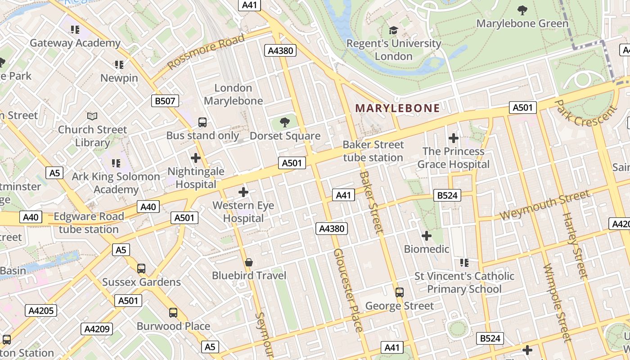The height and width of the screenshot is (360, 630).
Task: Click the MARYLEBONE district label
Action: click(397, 108)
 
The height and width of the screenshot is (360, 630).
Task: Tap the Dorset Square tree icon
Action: click(284, 122)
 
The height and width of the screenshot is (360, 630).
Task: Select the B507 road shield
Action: click(165, 101)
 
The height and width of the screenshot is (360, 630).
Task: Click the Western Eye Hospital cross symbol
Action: click(243, 192)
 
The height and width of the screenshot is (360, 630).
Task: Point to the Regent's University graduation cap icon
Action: click(394, 30)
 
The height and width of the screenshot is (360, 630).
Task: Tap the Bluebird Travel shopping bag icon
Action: click(248, 262)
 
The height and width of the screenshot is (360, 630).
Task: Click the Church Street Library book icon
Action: click(92, 116)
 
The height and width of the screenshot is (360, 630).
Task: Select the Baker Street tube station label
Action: click(373, 151)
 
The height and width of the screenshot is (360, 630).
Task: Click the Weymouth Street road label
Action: click(544, 205)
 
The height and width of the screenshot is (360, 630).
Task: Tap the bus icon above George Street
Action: click(399, 292)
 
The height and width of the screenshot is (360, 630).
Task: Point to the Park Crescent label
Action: click(585, 113)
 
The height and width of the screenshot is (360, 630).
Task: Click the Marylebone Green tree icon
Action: click(522, 10)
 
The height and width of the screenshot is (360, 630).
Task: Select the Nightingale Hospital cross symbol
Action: click(195, 158)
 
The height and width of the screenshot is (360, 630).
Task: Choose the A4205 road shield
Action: click(41, 310)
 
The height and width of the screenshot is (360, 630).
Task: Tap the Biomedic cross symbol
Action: click(426, 235)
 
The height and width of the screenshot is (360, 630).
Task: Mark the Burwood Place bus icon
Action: click(173, 312)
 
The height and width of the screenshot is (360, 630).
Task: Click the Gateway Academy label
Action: click(75, 43)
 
